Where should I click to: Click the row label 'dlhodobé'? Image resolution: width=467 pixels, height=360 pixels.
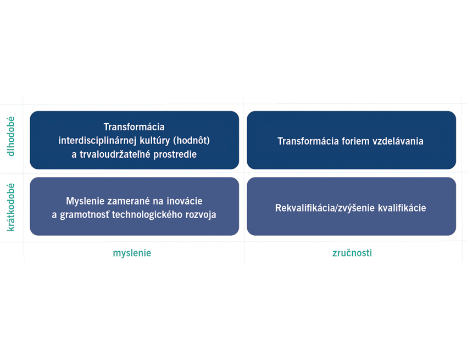pos(11,136)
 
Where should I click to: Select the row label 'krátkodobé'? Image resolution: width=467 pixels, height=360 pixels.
pos(11,207)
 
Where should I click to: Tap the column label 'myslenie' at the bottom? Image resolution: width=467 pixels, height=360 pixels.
pos(132,253)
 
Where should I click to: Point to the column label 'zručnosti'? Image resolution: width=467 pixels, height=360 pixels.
pos(352,253)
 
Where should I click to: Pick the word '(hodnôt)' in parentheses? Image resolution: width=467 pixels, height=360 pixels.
pos(192,140)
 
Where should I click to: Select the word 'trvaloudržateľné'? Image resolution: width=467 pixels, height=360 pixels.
pos(115,154)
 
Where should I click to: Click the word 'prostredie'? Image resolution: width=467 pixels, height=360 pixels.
pos(175,154)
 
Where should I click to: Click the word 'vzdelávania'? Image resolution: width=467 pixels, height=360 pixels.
pos(398,141)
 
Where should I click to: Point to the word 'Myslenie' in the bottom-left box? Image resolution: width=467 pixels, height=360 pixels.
pos(85,201)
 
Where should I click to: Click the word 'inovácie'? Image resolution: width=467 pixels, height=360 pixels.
pos(185,201)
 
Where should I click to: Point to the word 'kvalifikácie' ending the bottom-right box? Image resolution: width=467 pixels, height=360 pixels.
pos(402,208)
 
